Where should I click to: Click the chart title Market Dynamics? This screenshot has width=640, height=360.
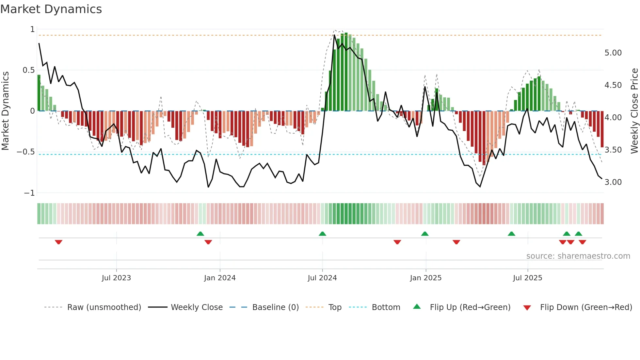(x=51, y=9)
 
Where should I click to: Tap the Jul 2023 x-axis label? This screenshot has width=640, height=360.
(x=116, y=278)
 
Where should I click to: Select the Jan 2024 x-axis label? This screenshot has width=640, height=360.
(x=220, y=278)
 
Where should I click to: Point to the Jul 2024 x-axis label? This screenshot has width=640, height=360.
(x=322, y=278)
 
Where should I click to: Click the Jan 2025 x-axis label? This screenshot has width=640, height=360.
(x=426, y=278)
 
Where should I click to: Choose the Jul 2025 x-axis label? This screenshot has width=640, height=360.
(x=528, y=278)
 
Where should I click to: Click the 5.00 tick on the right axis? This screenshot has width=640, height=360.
(x=613, y=53)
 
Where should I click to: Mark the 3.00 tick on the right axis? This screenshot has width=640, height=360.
(x=613, y=182)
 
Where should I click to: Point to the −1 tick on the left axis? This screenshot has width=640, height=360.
(x=29, y=193)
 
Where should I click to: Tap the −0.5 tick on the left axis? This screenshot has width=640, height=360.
(x=26, y=152)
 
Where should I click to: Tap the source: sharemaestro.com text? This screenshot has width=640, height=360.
(x=578, y=256)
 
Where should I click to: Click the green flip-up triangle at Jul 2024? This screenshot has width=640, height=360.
(x=322, y=234)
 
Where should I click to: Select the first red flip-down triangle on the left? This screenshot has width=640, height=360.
(x=58, y=242)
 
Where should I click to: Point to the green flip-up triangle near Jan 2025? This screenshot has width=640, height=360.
(x=425, y=234)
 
